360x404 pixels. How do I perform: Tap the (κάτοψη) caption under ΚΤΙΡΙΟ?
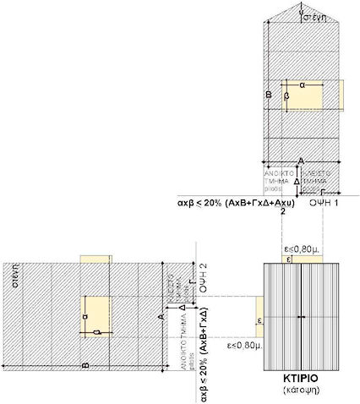point(303,393)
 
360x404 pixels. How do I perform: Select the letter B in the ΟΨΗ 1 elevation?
point(269,97)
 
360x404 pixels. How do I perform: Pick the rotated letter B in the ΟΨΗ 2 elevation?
point(85,365)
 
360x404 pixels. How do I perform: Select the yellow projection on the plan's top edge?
point(303,259)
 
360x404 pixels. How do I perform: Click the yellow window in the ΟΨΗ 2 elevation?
point(95,317)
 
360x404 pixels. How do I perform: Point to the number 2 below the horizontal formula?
point(282,211)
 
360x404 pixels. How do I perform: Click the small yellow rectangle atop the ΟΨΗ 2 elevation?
point(95,259)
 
